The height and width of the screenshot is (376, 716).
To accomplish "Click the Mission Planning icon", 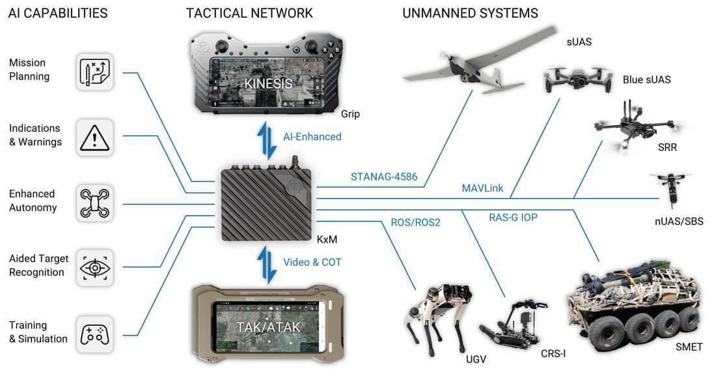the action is pyautogui.click(x=94, y=72).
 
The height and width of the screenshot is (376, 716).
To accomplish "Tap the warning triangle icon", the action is pyautogui.click(x=94, y=137).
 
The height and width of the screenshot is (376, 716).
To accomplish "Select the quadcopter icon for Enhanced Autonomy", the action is pyautogui.click(x=94, y=203).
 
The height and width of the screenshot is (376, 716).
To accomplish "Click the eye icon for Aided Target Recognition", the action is pyautogui.click(x=94, y=268).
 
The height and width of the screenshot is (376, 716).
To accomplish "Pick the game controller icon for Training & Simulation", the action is pyautogui.click(x=94, y=334).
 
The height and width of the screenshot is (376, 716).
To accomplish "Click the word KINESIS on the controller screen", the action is pyautogui.click(x=268, y=83).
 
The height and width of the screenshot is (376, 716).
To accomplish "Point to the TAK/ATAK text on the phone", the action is pyautogui.click(x=268, y=327).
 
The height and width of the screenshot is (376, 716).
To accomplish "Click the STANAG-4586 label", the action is pyautogui.click(x=384, y=177).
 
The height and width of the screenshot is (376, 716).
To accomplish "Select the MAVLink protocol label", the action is pyautogui.click(x=482, y=188).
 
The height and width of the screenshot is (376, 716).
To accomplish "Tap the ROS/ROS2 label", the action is pyautogui.click(x=415, y=222).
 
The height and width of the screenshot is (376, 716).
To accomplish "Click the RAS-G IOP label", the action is pyautogui.click(x=514, y=217).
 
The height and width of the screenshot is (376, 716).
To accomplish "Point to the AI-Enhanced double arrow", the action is pyautogui.click(x=267, y=140).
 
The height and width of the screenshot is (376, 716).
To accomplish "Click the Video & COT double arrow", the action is pyautogui.click(x=267, y=265).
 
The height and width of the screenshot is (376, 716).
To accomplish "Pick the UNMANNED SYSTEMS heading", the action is pyautogui.click(x=470, y=13).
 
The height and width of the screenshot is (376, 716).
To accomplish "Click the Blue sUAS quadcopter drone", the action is pyautogui.click(x=577, y=80).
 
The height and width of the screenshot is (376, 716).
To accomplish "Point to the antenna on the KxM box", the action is pyautogui.click(x=296, y=162).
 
